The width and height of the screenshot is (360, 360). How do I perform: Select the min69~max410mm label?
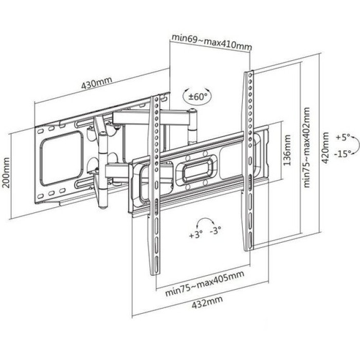tap(211, 40)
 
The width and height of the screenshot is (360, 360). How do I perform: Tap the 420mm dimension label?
tap(325, 147)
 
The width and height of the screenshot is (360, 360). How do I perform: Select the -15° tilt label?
tap(341, 153)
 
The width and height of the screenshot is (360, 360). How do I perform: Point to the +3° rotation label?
tap(196, 236)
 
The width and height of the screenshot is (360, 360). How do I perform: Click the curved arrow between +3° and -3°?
tap(206, 222)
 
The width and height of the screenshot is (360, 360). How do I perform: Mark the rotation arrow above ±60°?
tap(195, 88)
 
